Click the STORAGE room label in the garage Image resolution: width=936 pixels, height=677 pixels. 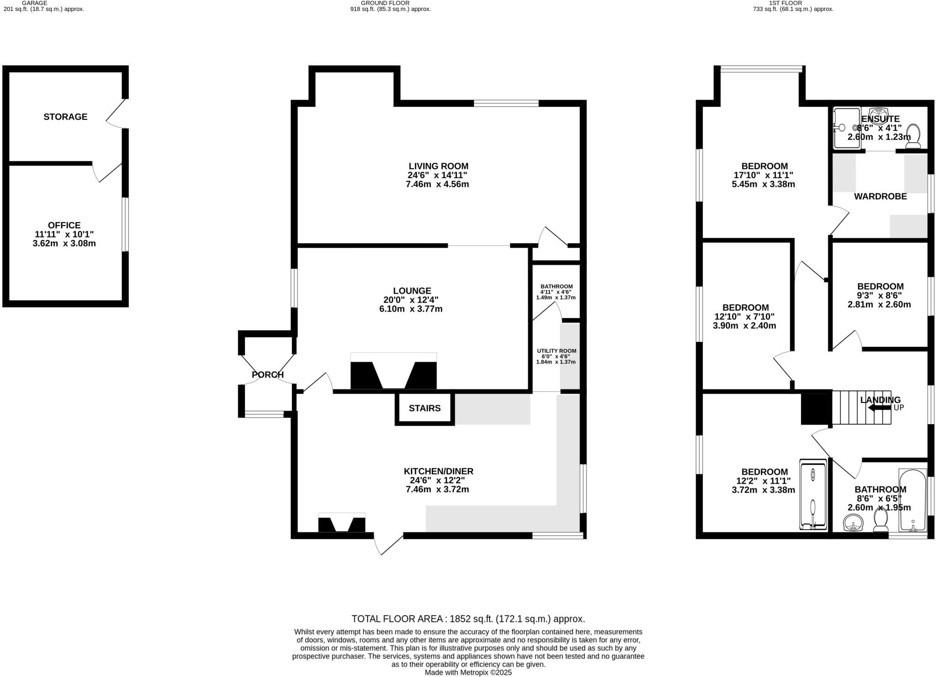point(65,117)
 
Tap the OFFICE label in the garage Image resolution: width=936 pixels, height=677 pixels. point(64,225)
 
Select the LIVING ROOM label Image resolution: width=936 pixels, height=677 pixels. point(438,166)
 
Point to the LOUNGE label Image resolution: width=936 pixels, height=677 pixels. point(412,291)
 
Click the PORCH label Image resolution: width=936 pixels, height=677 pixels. point(268,375)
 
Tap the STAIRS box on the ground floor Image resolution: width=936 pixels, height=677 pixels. point(425,408)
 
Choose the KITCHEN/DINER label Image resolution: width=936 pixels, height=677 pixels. point(438,471)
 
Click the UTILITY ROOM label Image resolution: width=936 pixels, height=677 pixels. point(557,351)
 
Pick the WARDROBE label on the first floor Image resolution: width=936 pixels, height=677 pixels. point(880,197)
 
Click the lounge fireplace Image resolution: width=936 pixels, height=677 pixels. point(394,371)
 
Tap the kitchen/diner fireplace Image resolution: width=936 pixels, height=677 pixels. point(341,522)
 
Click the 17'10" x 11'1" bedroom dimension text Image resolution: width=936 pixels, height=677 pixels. point(764,175)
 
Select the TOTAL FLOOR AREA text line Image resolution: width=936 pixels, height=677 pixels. point(468,619)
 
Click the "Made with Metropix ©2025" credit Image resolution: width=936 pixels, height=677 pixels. point(468,672)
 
